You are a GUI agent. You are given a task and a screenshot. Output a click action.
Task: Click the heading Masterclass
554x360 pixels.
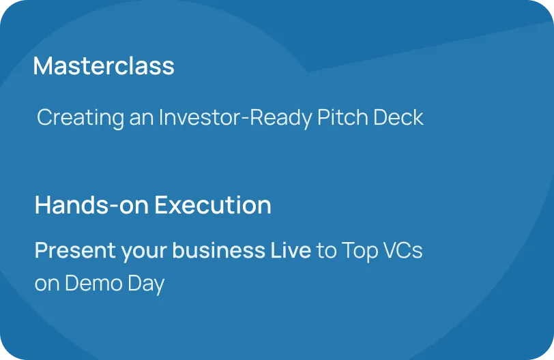[x=104, y=65]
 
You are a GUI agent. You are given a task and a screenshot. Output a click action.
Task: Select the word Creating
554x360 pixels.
[x=81, y=118]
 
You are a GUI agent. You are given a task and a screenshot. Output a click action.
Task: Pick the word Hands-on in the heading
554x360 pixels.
[x=91, y=205]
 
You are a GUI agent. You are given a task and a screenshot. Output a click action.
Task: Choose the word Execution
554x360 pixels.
[x=213, y=205]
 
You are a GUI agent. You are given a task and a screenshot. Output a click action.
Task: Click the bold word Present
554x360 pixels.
[x=75, y=250]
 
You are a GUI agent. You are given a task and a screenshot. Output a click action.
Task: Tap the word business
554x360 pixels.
[x=219, y=250]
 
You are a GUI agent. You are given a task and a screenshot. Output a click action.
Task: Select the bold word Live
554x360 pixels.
[x=291, y=250]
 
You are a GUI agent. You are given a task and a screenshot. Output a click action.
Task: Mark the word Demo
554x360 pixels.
[x=93, y=283]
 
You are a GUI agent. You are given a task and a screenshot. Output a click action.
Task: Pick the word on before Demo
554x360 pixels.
[x=47, y=284]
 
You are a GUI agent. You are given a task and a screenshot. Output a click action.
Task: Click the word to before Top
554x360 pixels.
[x=326, y=251]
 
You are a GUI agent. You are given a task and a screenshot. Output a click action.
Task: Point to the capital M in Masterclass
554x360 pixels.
[x=43, y=66]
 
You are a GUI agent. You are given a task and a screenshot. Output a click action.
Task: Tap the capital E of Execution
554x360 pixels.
[x=162, y=205]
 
